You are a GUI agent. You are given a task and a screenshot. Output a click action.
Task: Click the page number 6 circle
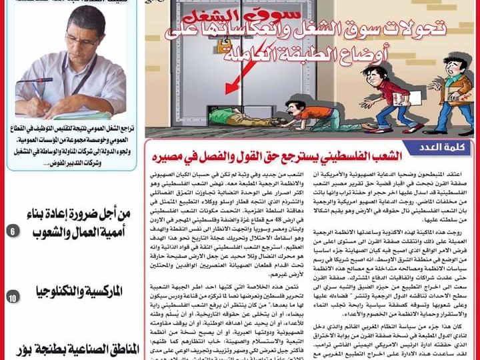(13, 232)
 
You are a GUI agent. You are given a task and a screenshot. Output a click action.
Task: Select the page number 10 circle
(13, 298)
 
